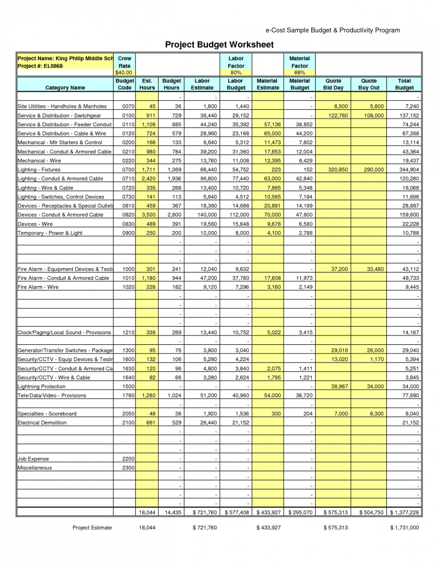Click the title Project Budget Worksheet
219,45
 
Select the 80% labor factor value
236,73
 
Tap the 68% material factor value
299,73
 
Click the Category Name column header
65,88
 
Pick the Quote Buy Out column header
369,84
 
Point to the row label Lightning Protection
42,387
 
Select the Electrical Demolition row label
42,423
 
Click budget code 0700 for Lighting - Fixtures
128,170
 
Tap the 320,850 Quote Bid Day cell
338,170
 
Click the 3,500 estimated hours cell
149,215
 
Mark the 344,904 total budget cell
409,170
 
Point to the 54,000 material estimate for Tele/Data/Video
272,395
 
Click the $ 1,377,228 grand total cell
405,513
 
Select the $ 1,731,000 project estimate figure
405,528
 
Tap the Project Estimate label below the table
92,528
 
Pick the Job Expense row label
33,459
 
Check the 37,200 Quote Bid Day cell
340,269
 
